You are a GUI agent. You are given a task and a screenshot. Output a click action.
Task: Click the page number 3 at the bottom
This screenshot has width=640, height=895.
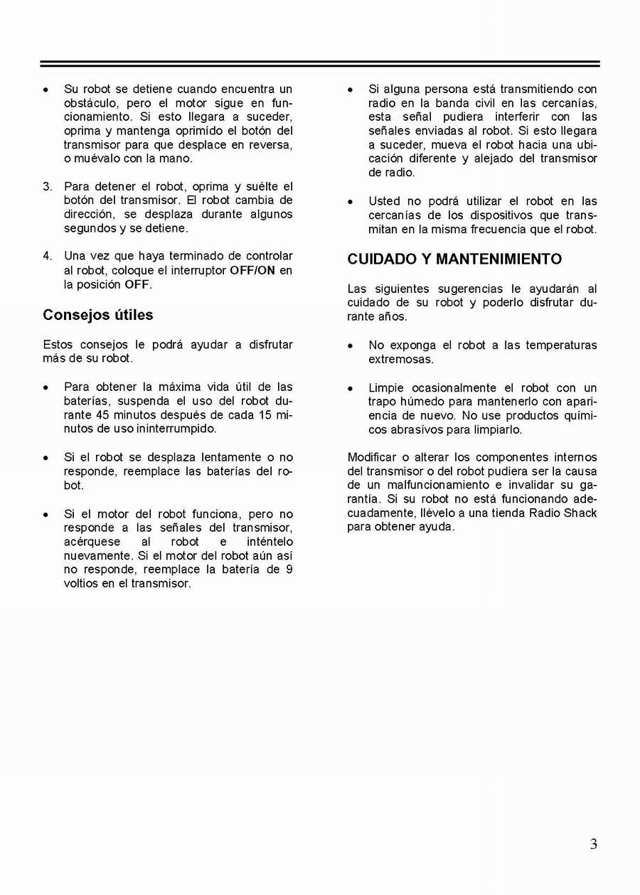coord(593,845)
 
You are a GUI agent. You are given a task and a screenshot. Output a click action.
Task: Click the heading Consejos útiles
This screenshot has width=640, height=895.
coord(98,315)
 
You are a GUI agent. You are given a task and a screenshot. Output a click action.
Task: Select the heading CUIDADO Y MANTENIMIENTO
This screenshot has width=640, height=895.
coord(454,259)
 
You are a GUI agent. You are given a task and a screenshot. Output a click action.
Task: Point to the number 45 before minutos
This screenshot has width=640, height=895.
coord(102,415)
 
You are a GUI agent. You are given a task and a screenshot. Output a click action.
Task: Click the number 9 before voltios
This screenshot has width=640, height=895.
coord(289,569)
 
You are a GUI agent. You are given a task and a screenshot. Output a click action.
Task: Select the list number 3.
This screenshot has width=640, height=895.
coord(47,187)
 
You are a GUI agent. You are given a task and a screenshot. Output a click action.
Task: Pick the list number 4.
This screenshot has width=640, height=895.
coord(47,256)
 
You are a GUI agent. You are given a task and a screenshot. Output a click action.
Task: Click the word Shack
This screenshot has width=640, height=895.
coord(582,513)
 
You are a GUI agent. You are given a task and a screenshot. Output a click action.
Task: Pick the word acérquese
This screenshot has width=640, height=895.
coord(92,542)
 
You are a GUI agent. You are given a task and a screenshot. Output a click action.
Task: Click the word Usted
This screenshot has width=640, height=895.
coord(384,201)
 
